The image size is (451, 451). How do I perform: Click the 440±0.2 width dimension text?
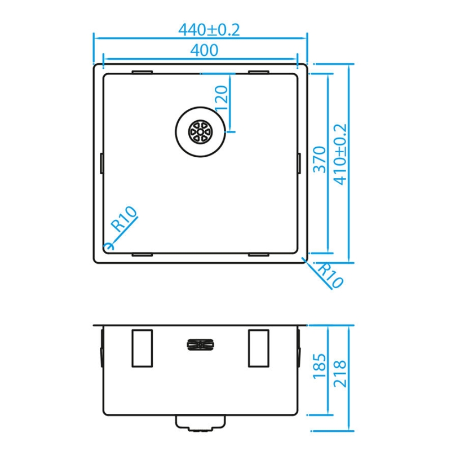coord(209,30)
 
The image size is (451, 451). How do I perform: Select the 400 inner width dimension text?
coord(204,50)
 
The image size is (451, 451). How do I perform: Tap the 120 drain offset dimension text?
coord(222,98)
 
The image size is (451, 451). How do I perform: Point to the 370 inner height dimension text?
coord(320,160)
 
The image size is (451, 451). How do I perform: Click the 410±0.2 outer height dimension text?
coord(341,154)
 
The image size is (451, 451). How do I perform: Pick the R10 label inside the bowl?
coord(125,219)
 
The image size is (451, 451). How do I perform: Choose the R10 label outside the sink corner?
coord(331,276)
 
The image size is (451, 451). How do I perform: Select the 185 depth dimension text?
coord(320,365)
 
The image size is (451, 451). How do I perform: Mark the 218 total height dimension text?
coord(340,373)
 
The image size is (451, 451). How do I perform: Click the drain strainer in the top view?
coord(201,132)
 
